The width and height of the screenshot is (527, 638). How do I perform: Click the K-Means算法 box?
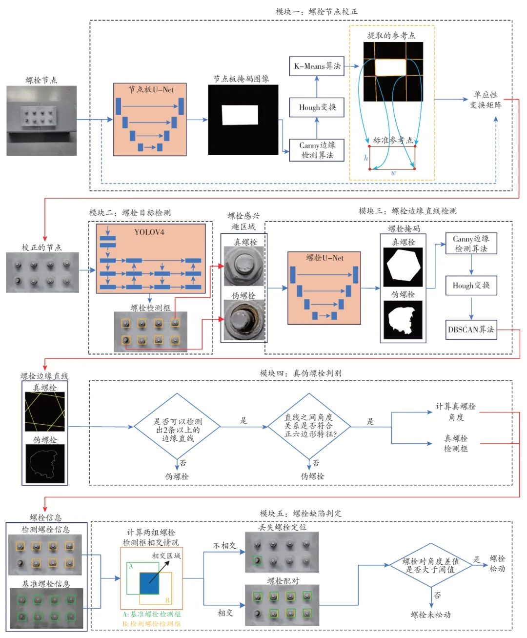pos(317,66)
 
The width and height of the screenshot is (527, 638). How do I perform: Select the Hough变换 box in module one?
pos(317,107)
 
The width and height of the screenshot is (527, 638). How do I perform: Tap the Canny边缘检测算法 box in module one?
pos(317,150)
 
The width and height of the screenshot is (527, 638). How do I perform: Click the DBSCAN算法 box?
pos(471,329)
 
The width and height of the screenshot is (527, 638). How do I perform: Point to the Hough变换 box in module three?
pos(471,286)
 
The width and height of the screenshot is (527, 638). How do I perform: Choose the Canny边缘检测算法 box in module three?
pos(471,244)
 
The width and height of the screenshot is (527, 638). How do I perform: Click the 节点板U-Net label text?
pos(151,90)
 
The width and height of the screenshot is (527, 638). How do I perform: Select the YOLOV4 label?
pos(149,232)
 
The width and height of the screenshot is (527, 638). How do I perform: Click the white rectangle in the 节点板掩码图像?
pos(240,115)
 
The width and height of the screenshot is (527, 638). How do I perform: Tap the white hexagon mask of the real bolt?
pos(403,267)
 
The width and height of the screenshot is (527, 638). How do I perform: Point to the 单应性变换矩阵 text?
pos(485,100)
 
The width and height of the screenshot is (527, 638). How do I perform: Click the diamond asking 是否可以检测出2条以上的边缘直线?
pos(178,427)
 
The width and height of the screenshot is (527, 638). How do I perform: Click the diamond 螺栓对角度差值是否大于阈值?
pos(430,565)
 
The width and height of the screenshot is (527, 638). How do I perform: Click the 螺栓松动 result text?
pos(497,564)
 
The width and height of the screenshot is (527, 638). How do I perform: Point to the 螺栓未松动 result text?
pos(430,615)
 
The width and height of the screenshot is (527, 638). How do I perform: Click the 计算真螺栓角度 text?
pos(456,412)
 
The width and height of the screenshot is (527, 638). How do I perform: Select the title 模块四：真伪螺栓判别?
pos(301,373)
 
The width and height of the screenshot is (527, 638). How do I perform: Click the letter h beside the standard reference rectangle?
pos(366,158)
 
